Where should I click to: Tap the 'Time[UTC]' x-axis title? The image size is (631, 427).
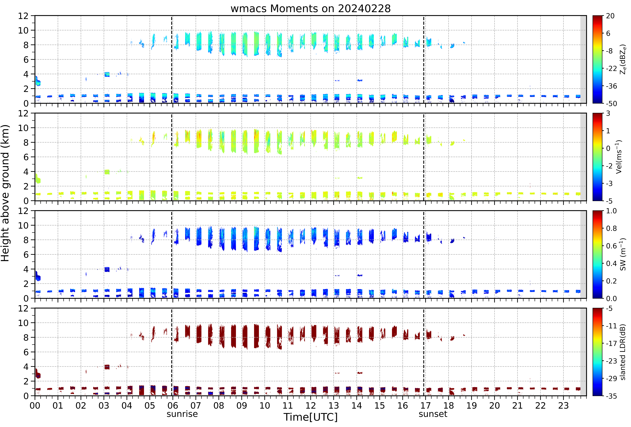coord(311,417)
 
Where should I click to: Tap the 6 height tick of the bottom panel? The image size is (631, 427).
coord(26,352)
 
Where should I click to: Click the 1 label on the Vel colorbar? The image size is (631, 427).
coord(608,131)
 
